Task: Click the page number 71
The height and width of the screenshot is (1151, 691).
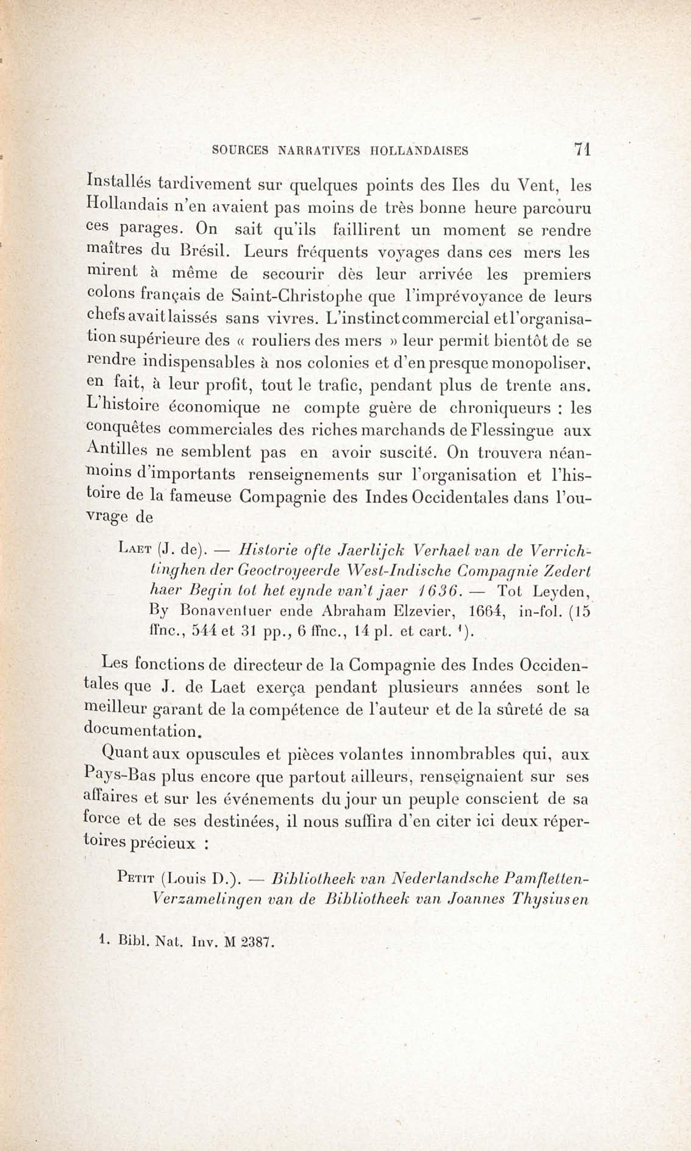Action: [x=582, y=150]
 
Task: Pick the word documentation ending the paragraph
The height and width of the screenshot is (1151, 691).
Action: [x=142, y=731]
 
